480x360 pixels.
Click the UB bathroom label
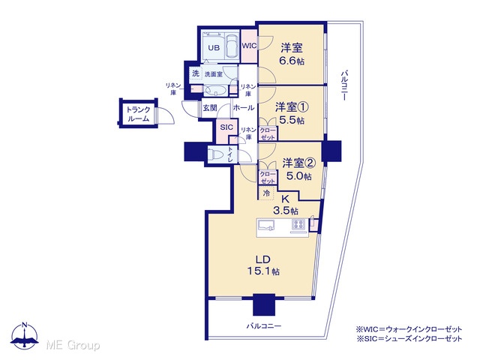pos(214,48)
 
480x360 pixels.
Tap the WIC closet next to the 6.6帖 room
pos(249,46)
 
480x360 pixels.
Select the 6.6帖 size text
pos(292,61)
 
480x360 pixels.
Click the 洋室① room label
pos(292,107)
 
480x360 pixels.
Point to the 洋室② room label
pos(298,163)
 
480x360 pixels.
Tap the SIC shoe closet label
pos(226,127)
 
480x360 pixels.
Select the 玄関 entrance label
pos(210,108)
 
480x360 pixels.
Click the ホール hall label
pos(244,108)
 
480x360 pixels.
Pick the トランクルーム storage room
pos(138,114)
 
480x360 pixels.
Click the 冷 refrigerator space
pos(266,193)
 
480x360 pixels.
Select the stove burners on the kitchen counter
pos(298,225)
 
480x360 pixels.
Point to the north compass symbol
pos(25,336)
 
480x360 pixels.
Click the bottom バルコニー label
pos(264,326)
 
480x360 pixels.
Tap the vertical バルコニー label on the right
pos(344,85)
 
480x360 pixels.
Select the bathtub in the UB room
pos(232,46)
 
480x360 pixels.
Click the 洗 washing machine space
pos(195,73)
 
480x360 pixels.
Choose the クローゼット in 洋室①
pos(268,133)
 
